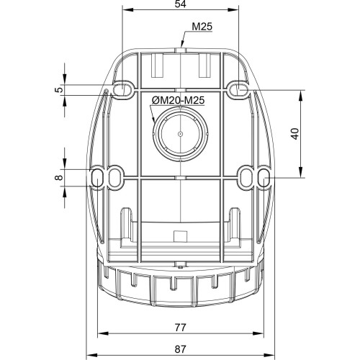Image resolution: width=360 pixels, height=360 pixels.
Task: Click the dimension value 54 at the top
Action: [180, 4]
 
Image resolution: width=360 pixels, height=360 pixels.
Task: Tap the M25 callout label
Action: [202, 27]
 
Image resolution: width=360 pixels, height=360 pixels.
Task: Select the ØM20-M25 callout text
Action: [178, 100]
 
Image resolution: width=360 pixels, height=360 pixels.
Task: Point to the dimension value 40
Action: [295, 134]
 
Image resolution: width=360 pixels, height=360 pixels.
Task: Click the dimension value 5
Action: [59, 89]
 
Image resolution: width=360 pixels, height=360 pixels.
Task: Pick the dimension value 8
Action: [59, 178]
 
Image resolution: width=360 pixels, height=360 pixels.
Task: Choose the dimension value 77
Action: [180, 328]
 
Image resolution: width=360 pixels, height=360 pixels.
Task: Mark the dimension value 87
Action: [180, 349]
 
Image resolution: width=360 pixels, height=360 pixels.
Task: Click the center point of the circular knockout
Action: [180, 134]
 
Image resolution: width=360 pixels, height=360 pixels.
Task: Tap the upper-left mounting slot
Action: [122, 90]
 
